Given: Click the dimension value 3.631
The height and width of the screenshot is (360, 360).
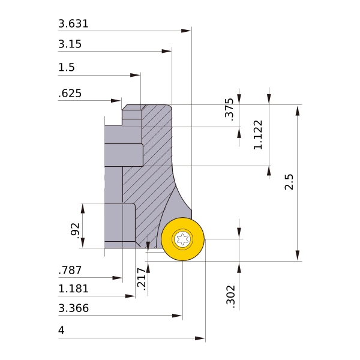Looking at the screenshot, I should pos(73,25).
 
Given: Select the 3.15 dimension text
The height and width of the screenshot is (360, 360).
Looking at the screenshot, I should pos(70,44).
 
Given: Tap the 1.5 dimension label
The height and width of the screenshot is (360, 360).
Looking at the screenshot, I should pos(66,68).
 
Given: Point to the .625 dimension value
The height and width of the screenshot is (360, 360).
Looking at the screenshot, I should pos(70,94).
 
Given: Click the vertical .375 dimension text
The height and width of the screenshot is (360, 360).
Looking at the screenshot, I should pos(229,109).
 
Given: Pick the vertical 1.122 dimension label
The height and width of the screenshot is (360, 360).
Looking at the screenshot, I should pos(258,134).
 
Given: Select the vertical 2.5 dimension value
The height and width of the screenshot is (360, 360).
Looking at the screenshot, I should pos(290,182).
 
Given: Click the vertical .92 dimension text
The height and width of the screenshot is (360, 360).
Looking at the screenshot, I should pos(75,230).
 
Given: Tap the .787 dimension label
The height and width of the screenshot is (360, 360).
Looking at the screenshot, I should pos(70,271).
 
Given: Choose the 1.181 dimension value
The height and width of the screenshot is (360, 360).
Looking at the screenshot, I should pos(73,289).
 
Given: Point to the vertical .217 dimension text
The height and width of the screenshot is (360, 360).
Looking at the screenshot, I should pos(141,279).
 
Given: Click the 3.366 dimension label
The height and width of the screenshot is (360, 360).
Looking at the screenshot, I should pos(73,309).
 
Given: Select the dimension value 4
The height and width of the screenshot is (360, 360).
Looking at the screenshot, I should pos(61,331).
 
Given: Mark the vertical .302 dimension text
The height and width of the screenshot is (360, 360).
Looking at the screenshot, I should pos(230,295).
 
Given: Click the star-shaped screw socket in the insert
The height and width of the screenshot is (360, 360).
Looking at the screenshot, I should pos(182,239).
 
